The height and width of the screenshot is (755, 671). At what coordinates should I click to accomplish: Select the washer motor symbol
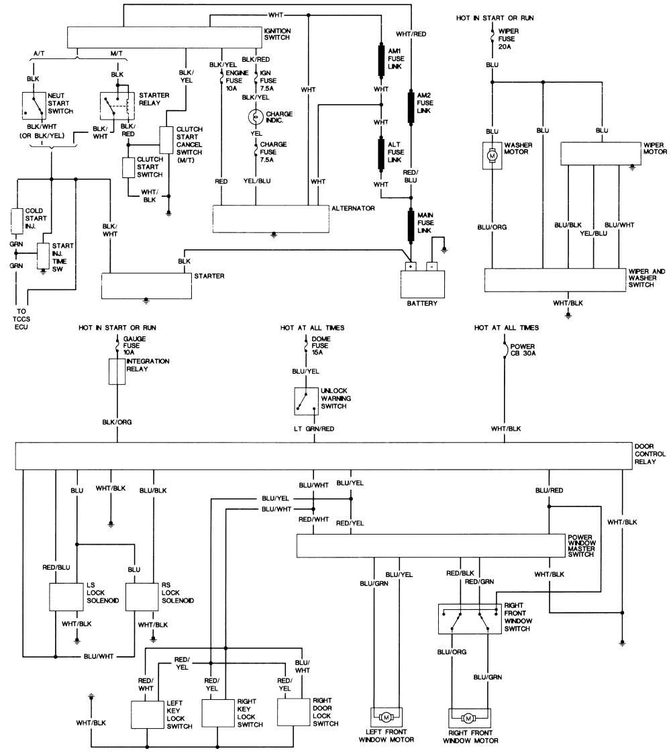point(492,154)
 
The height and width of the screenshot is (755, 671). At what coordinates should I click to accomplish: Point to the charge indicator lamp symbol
point(255,117)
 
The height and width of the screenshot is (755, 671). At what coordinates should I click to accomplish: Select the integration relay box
point(117,371)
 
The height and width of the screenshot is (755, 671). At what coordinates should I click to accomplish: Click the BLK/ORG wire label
point(117,422)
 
